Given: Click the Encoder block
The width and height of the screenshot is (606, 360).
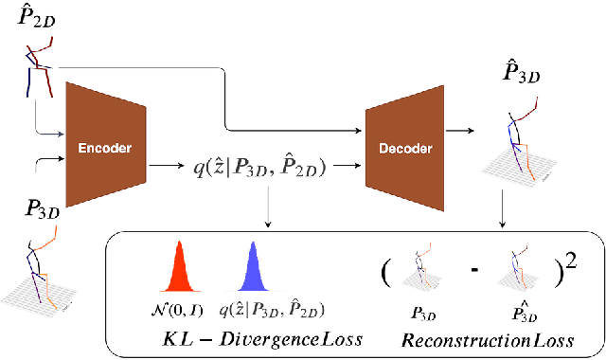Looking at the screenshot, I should click(x=105, y=149).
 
